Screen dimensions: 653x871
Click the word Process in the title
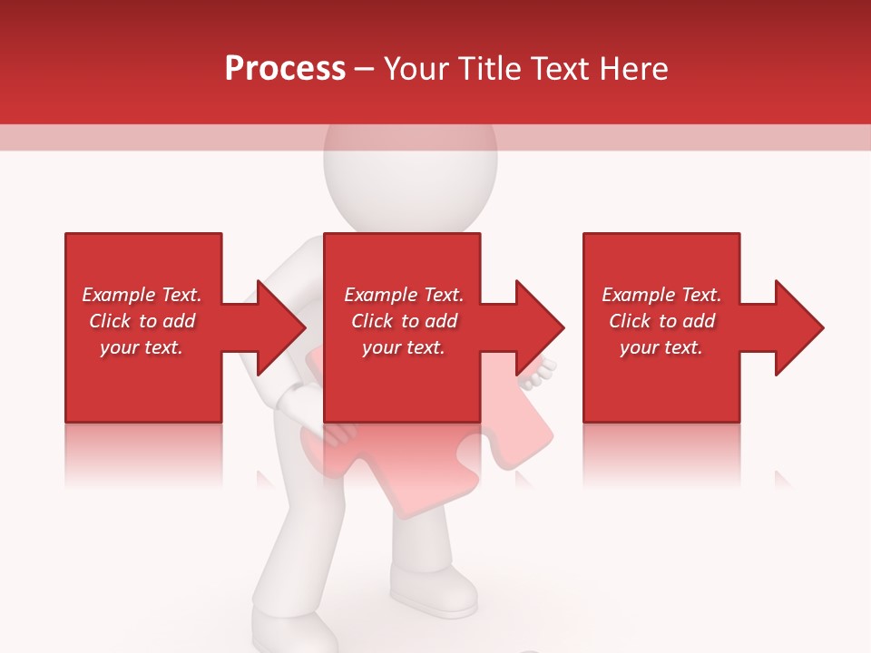point(285,69)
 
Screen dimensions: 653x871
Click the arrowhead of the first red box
point(281,327)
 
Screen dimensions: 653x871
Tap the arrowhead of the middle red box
point(540,327)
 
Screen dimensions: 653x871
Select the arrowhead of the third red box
point(798,327)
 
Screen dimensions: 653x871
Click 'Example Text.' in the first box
point(142,295)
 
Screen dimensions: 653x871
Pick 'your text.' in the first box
point(142,347)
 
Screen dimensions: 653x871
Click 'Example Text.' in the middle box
point(404,295)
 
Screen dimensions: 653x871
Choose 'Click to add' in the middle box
point(404,321)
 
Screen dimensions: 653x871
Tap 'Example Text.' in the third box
point(661,295)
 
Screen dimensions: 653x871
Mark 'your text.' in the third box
point(661,347)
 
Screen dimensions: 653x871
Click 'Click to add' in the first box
point(142,321)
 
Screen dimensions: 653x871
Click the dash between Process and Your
point(365,70)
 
